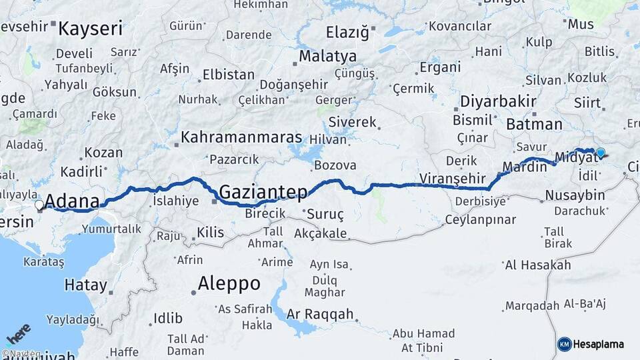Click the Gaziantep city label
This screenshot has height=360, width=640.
tap(263, 192)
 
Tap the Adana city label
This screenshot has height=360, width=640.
tap(72, 201)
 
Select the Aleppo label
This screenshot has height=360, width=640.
tap(230, 283)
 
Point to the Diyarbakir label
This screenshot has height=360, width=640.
tap(498, 101)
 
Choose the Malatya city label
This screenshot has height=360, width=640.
tap(327, 56)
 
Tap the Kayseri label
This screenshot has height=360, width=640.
tap(91, 29)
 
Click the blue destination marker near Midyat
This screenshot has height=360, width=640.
tap(601, 153)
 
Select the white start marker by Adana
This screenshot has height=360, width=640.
tap(39, 205)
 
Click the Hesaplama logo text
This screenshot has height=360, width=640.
tap(598, 344)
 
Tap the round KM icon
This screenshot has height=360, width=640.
tap(564, 344)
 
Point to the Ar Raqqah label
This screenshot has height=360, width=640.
tap(320, 314)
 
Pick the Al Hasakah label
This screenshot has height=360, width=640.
tap(538, 265)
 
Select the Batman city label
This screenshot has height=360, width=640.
tap(534, 124)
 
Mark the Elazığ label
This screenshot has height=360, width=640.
tap(347, 31)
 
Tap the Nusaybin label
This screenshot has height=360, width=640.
tap(575, 195)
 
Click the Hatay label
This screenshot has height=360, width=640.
tap(85, 285)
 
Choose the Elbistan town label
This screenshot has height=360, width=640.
tap(228, 74)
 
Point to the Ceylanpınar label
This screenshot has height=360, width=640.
tap(481, 219)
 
